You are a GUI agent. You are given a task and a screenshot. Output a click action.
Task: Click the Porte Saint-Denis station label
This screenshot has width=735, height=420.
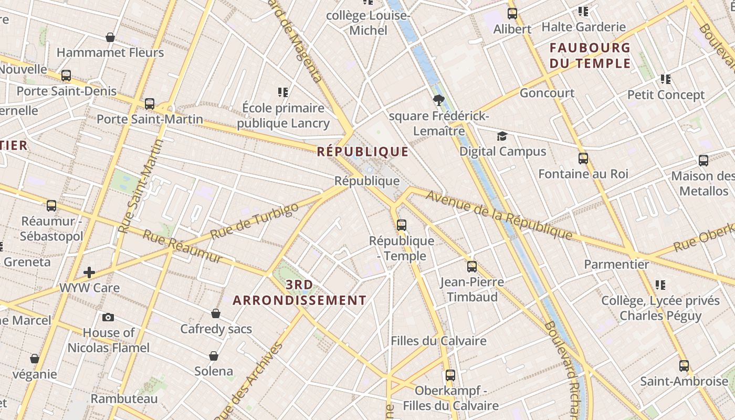click(66, 91)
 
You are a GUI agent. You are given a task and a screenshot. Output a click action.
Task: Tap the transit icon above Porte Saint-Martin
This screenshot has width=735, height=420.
click(150, 103)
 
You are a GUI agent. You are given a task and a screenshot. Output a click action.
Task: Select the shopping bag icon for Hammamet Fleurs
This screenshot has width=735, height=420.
click(110, 37)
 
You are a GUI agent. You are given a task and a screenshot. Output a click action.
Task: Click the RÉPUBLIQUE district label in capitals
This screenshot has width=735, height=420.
click(363, 152)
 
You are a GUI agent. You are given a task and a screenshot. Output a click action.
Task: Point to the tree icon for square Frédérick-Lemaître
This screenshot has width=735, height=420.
click(439, 100)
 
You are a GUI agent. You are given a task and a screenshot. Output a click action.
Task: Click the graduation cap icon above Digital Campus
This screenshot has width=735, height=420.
click(502, 136)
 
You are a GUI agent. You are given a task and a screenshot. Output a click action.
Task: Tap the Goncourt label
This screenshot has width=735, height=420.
click(547, 93)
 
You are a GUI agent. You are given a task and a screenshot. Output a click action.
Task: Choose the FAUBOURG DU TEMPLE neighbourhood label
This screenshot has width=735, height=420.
click(590, 56)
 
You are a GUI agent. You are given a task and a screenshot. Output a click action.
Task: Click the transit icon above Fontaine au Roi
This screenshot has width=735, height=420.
click(583, 158)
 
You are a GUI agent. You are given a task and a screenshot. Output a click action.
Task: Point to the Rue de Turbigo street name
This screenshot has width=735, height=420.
click(254, 220)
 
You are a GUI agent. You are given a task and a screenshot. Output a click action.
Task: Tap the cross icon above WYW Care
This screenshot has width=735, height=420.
click(89, 272)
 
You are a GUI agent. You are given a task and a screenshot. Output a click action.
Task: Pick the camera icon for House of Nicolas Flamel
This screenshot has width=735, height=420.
click(108, 317)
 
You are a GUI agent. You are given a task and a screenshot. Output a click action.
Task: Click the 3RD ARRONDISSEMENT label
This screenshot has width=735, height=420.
click(300, 293)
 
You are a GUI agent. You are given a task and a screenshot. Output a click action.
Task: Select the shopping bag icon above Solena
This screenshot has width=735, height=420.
click(214, 356)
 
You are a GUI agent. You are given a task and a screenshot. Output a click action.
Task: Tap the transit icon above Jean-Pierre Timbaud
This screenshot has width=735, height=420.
click(472, 266)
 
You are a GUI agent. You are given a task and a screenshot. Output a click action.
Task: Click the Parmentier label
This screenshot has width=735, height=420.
click(616, 264)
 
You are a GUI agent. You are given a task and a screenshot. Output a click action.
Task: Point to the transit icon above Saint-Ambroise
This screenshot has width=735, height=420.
click(684, 365)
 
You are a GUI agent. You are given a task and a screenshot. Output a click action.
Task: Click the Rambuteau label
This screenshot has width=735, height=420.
click(124, 398)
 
